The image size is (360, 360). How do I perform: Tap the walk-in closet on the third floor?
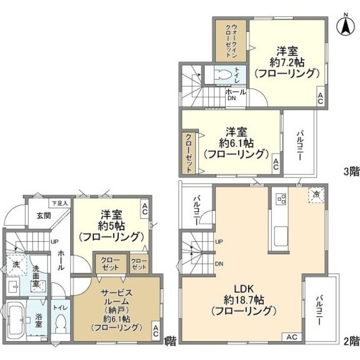click(231, 41)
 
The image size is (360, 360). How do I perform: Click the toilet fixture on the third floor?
click(223, 74)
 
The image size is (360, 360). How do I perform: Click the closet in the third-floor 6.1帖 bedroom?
click(189, 153)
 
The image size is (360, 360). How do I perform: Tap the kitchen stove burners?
click(280, 199)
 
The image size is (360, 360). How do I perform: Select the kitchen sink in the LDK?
click(280, 236)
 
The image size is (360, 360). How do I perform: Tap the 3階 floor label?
click(351, 172)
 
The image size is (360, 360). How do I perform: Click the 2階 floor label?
click(351, 340)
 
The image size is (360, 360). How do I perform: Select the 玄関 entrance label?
click(44, 216)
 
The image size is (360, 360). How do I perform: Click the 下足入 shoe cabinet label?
click(60, 203)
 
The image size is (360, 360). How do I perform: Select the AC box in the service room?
click(156, 331)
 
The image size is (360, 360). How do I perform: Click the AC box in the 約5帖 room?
click(144, 209)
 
